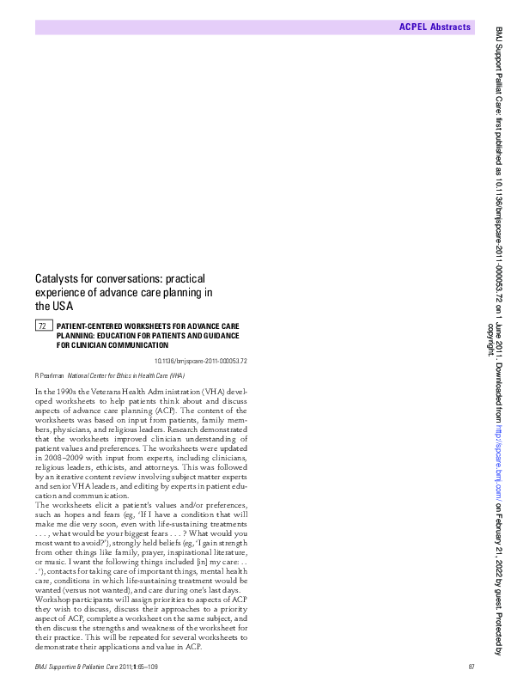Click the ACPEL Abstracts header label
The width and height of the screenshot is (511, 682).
point(435,27)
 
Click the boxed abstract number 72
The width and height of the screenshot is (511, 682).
point(42,326)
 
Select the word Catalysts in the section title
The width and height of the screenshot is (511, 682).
point(58,278)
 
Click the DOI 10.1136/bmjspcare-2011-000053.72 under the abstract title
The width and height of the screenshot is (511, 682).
point(201,361)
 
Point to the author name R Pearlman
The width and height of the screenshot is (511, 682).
point(49,375)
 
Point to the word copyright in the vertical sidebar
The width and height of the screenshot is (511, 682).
point(491,338)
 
